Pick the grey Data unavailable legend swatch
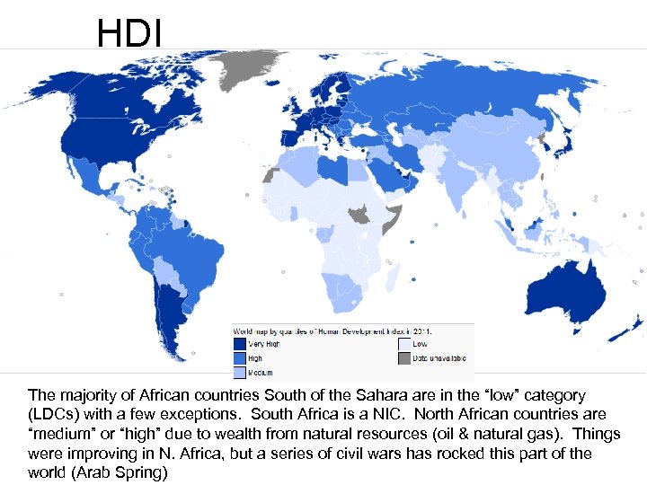pyautogui.click(x=404, y=357)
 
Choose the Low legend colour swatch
pyautogui.click(x=404, y=343)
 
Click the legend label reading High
pyautogui.click(x=256, y=357)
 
